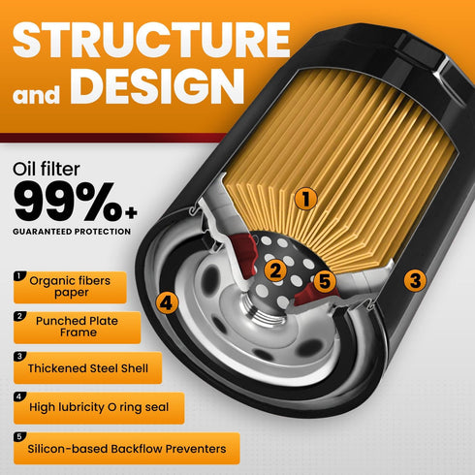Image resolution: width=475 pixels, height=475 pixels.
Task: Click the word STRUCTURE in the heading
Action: coord(151,40)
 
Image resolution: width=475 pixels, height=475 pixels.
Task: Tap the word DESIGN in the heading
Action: coord(157,86)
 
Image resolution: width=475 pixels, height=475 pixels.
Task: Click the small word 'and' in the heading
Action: coord(36,94)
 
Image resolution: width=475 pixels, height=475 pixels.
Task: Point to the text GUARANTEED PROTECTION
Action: coord(72,232)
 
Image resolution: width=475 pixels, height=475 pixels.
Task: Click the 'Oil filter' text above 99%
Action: coord(47,169)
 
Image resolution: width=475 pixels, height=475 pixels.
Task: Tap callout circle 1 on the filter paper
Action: coord(305,199)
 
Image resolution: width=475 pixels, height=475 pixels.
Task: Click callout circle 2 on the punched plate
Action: coord(275,270)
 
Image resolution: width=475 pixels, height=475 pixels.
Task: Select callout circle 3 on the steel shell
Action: coord(415,280)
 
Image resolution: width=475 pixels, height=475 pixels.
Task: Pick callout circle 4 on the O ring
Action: coord(167,302)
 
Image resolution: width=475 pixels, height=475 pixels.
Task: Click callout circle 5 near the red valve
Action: coord(325,281)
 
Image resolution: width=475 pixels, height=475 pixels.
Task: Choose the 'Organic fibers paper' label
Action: coord(70,287)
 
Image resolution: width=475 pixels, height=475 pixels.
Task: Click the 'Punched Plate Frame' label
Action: coord(78,328)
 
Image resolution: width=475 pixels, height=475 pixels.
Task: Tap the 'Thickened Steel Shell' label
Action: coord(87,367)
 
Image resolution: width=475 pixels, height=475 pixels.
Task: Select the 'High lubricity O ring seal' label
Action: coord(99,408)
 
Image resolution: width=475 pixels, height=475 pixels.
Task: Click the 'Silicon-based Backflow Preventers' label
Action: coord(127,449)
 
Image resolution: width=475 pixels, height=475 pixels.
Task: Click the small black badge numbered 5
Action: coord(19,437)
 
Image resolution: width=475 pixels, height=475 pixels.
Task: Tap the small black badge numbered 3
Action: coord(19,357)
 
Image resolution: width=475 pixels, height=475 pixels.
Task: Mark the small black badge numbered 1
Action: coord(19,276)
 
